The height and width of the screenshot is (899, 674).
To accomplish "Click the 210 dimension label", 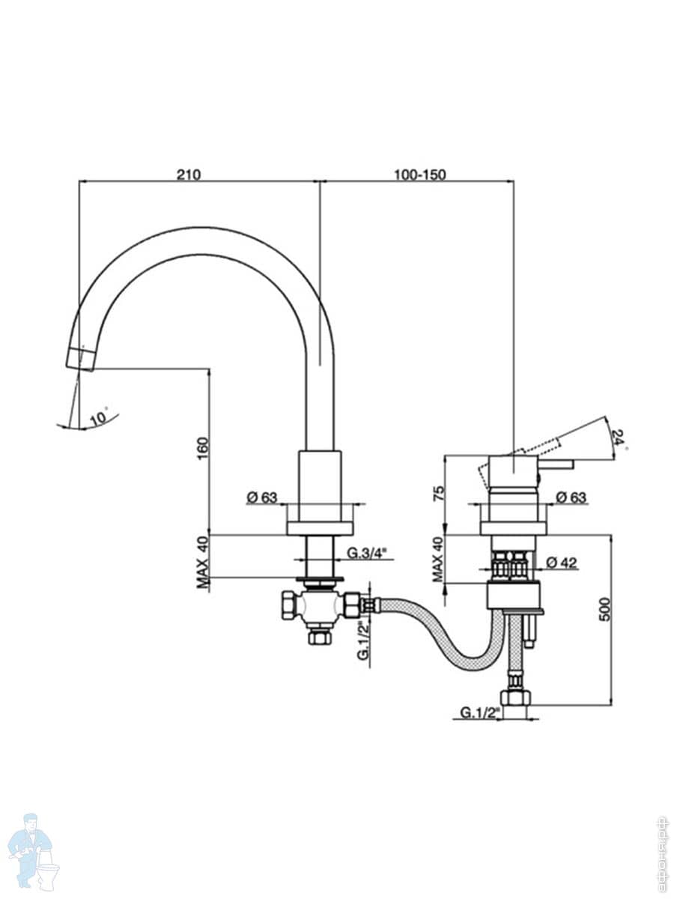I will [x=188, y=175].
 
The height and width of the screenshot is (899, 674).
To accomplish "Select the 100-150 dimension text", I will [x=419, y=175].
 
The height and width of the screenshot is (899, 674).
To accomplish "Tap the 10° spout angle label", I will [x=99, y=417].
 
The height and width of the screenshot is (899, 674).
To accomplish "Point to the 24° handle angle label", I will [x=619, y=437].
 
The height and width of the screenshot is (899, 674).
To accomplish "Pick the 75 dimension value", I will [x=440, y=492].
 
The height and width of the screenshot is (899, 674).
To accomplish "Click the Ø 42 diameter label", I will [x=562, y=563].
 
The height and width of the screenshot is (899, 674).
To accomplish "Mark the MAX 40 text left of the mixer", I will [x=440, y=560].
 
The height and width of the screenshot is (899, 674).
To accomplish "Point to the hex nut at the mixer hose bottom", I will [x=515, y=697].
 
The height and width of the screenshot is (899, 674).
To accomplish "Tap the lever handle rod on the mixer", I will [x=557, y=465].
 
